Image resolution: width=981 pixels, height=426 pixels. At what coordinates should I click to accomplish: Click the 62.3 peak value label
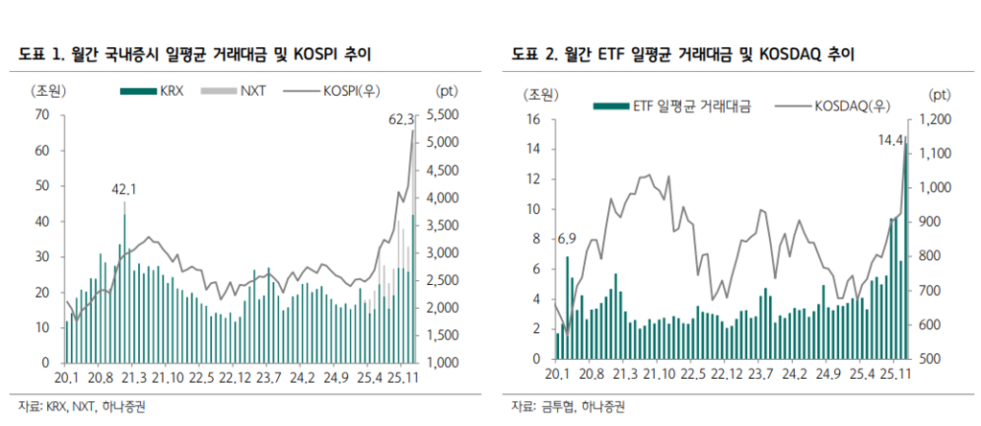point(401,120)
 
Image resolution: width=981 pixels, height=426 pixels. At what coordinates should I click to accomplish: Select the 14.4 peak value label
point(891,140)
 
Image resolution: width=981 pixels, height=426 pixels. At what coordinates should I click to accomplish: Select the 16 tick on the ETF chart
point(535,119)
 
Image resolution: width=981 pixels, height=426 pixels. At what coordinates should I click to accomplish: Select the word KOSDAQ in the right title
point(793,56)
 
